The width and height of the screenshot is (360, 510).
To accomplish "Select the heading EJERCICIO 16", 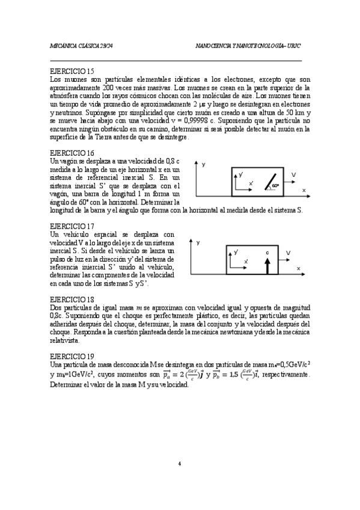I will (72, 153).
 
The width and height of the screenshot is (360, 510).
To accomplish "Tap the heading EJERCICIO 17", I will (72, 226).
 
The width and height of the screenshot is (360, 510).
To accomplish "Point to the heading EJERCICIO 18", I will (72, 299).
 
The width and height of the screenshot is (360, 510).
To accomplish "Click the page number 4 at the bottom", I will (180, 464).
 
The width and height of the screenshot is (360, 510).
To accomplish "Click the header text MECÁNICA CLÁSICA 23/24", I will (81, 46).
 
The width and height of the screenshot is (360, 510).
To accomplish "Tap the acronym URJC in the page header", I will (294, 46).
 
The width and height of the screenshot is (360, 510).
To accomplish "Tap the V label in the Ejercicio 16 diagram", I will (293, 174).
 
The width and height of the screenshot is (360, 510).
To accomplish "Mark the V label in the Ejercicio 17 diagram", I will (289, 253).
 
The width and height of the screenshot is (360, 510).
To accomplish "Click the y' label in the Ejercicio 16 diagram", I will (240, 174).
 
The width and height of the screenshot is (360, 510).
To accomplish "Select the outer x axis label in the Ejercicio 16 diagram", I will (304, 189).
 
